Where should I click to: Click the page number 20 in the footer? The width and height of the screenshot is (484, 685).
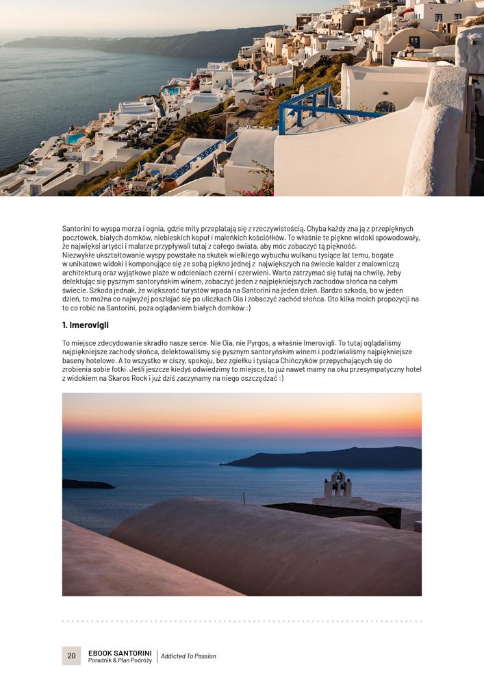(71, 656)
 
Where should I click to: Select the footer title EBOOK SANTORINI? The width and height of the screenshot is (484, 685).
(120, 652)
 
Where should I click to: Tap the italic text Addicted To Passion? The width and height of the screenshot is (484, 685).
(188, 656)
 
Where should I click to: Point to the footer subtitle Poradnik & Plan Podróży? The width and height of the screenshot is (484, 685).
(120, 660)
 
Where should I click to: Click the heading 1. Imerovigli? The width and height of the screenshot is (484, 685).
(86, 325)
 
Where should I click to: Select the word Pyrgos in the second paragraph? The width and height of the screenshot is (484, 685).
(238, 342)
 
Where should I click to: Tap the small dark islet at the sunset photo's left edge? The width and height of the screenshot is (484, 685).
(86, 484)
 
